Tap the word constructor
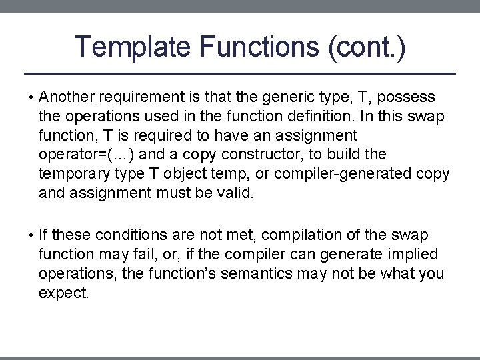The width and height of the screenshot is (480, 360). click(x=269, y=155)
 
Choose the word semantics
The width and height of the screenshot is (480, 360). click(x=275, y=274)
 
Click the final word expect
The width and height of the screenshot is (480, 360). click(x=63, y=293)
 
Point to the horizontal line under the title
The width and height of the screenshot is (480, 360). click(x=240, y=73)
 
